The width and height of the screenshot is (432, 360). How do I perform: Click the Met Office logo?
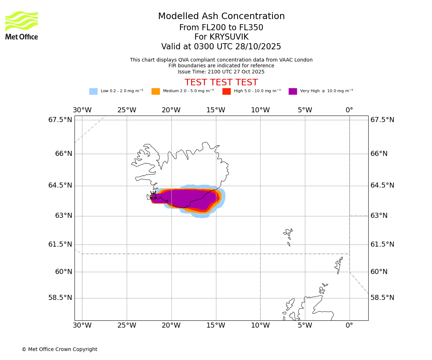[22, 25]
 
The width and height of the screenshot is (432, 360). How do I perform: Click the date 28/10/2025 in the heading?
[258, 47]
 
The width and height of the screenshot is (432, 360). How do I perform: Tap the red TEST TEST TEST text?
[221, 82]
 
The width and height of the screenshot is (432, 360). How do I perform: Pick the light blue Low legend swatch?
[93, 91]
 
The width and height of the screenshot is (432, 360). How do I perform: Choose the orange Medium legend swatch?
[156, 91]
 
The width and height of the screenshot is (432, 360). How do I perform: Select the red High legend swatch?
[226, 91]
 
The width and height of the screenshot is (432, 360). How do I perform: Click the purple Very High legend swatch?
[293, 91]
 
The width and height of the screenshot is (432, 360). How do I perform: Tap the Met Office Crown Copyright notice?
[59, 349]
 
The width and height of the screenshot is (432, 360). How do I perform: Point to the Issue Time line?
[221, 72]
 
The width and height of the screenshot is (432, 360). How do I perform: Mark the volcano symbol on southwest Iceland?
[153, 195]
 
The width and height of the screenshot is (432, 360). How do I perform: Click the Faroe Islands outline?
[288, 236]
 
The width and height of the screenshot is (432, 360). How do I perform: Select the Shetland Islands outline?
[339, 265]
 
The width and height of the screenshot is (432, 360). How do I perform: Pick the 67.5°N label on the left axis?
[60, 120]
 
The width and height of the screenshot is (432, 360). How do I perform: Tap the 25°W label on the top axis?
[127, 110]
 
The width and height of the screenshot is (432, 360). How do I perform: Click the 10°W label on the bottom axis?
[260, 325]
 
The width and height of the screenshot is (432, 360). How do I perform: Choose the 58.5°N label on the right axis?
[382, 298]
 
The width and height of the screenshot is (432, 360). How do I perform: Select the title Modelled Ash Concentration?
[221, 16]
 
